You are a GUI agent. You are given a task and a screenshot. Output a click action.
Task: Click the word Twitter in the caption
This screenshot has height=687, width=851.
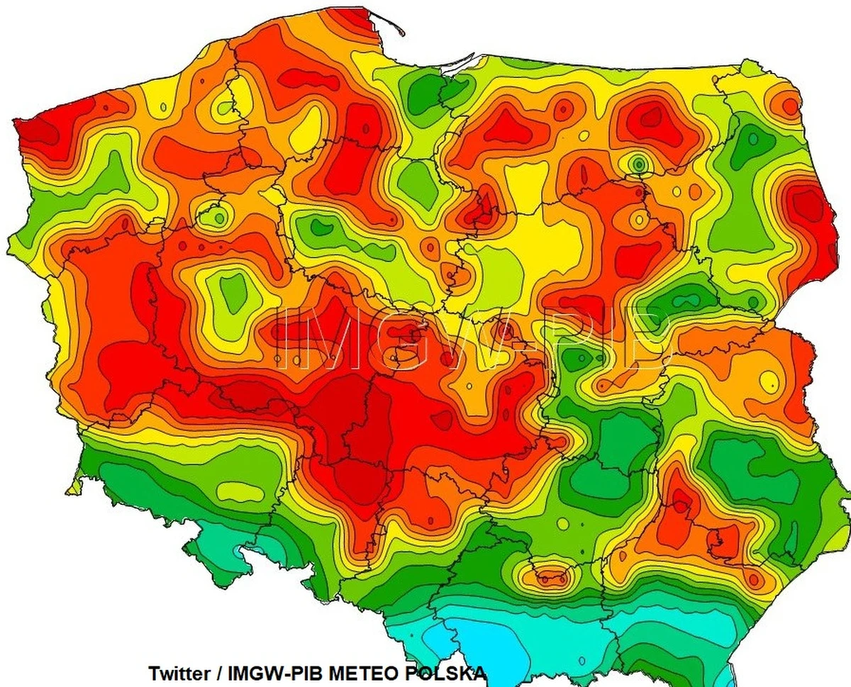click(179, 672)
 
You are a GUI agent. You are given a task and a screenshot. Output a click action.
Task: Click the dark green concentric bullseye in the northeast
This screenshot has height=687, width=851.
click(638, 164)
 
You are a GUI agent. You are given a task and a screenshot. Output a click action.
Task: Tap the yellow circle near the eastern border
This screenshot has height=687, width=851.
click(769, 381)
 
